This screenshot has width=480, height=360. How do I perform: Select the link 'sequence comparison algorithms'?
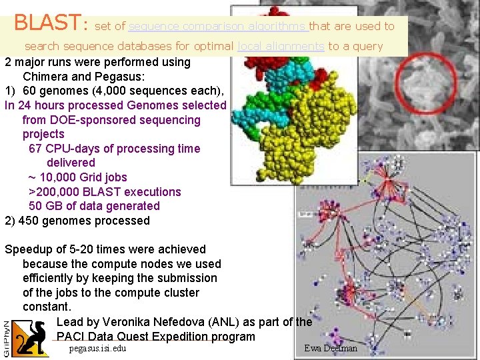pos(217,27)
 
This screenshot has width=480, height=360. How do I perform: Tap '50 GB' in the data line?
pos(45,206)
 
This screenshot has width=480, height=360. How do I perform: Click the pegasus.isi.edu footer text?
pos(97,349)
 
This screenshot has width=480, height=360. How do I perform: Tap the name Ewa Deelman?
pos(330,349)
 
